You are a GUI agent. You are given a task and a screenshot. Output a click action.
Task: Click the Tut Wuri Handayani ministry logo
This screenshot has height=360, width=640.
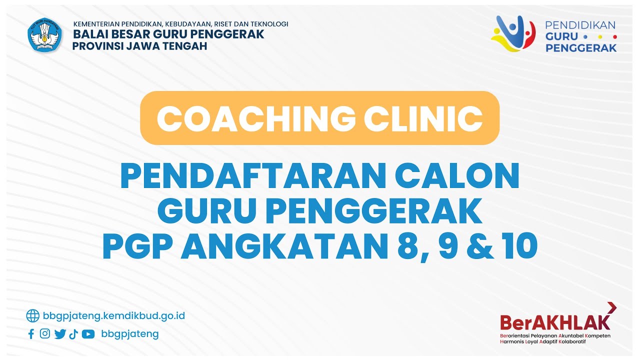point(45,35)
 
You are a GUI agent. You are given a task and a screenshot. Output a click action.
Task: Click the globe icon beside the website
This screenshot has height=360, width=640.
point(32,315)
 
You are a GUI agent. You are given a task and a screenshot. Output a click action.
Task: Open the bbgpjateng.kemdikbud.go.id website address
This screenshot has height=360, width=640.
point(114,315)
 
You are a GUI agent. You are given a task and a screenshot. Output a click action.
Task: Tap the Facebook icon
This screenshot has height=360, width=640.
point(31,334)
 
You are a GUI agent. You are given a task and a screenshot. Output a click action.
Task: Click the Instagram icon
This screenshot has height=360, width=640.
point(45,334)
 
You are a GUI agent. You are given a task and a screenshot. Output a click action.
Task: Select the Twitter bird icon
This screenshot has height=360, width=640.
point(60,334)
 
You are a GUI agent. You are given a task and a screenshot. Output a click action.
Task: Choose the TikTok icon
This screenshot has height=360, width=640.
point(73,334)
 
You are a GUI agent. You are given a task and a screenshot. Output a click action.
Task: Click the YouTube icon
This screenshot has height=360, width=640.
point(88,334)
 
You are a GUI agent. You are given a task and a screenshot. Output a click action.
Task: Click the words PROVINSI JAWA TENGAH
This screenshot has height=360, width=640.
point(139,46)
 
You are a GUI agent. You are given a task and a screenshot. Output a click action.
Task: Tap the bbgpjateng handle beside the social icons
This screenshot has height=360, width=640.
point(129,334)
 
